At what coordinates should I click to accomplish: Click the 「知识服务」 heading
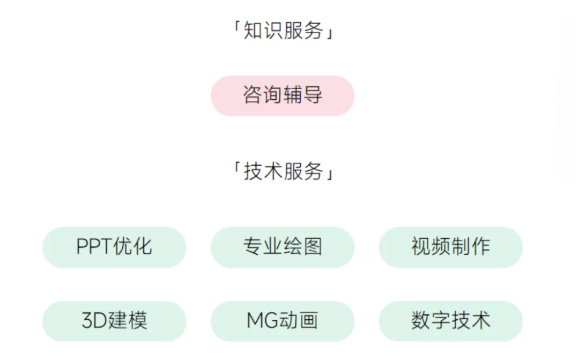point(283,31)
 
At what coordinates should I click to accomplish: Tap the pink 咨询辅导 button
point(283,95)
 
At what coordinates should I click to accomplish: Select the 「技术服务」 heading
point(283,172)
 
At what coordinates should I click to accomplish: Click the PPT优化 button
point(114,247)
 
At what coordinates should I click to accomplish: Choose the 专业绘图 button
point(283,247)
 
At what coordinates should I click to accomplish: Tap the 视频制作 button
point(450,247)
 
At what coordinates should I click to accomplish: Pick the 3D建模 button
point(114,321)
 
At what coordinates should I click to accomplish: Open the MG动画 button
point(283,321)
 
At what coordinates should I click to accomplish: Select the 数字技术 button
point(450,321)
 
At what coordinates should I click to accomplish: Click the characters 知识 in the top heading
point(263,31)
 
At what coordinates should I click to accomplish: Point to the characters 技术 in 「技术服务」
point(263,172)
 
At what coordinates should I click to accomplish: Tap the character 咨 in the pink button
point(253,95)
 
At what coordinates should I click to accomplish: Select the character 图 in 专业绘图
point(313,247)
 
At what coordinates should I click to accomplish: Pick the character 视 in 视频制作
point(421,247)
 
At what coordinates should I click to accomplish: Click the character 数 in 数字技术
point(421,321)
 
